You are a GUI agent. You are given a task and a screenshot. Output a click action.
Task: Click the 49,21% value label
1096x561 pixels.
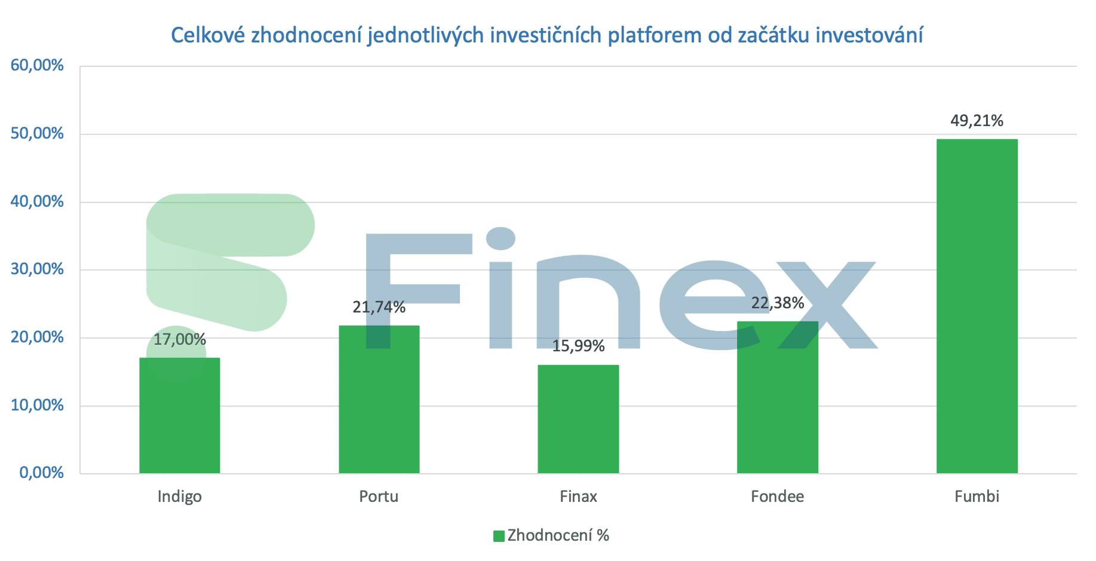point(977,121)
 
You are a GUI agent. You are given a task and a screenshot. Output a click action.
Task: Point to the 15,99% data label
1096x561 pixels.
point(578,346)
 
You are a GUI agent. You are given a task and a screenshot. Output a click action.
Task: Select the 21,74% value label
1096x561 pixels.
point(379,307)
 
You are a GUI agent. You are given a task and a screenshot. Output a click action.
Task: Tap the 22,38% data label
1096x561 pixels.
point(777,303)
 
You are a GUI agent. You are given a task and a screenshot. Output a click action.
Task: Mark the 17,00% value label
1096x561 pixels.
point(179,339)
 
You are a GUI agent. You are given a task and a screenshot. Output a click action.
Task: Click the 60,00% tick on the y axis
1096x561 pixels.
point(37,65)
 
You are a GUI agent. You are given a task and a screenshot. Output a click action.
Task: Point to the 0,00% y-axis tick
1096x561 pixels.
point(41,473)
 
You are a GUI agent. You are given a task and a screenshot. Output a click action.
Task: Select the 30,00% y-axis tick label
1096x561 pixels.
point(37,269)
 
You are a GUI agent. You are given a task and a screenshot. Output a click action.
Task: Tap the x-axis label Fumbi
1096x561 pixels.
point(977,496)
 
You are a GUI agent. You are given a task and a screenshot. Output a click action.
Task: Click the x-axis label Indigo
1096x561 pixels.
point(179,496)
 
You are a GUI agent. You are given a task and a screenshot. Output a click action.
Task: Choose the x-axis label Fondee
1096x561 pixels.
point(777,496)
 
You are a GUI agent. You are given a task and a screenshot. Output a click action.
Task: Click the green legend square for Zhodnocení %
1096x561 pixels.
point(499,536)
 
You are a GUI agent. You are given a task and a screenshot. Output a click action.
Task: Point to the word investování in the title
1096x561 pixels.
point(869,35)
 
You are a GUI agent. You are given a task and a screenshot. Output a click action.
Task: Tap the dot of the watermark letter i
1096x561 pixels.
point(501,238)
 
